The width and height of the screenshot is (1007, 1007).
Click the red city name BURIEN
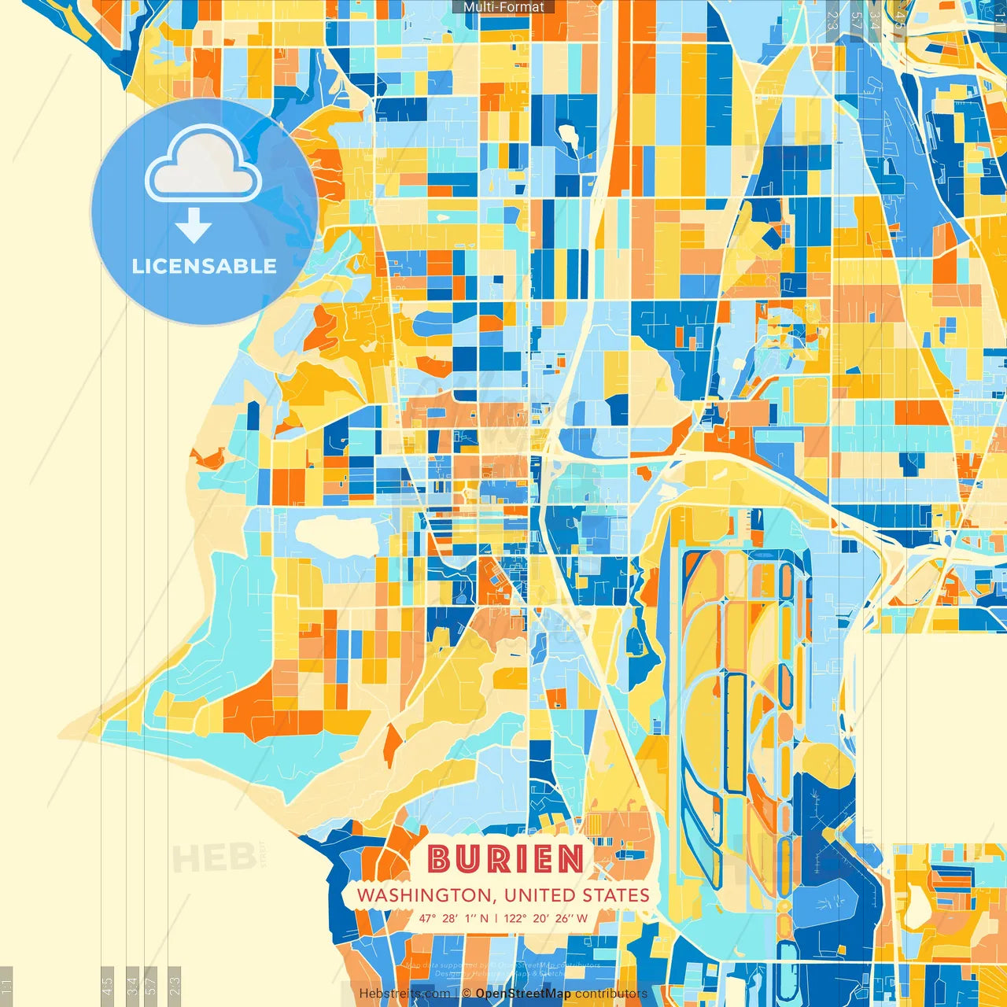point(506,859)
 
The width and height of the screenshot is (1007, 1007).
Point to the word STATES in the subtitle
point(616,895)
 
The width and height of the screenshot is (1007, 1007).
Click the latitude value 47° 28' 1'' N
point(453,918)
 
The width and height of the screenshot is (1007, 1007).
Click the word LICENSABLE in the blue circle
point(205,266)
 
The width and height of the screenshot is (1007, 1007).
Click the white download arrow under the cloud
point(194,226)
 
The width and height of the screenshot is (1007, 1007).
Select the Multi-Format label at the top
point(503,7)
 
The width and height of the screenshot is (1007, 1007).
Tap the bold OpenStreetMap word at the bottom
point(523,994)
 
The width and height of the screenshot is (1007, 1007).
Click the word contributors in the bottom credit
point(610,994)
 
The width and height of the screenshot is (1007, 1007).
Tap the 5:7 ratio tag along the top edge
point(856,20)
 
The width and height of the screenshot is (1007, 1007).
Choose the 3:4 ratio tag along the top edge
point(875,20)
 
